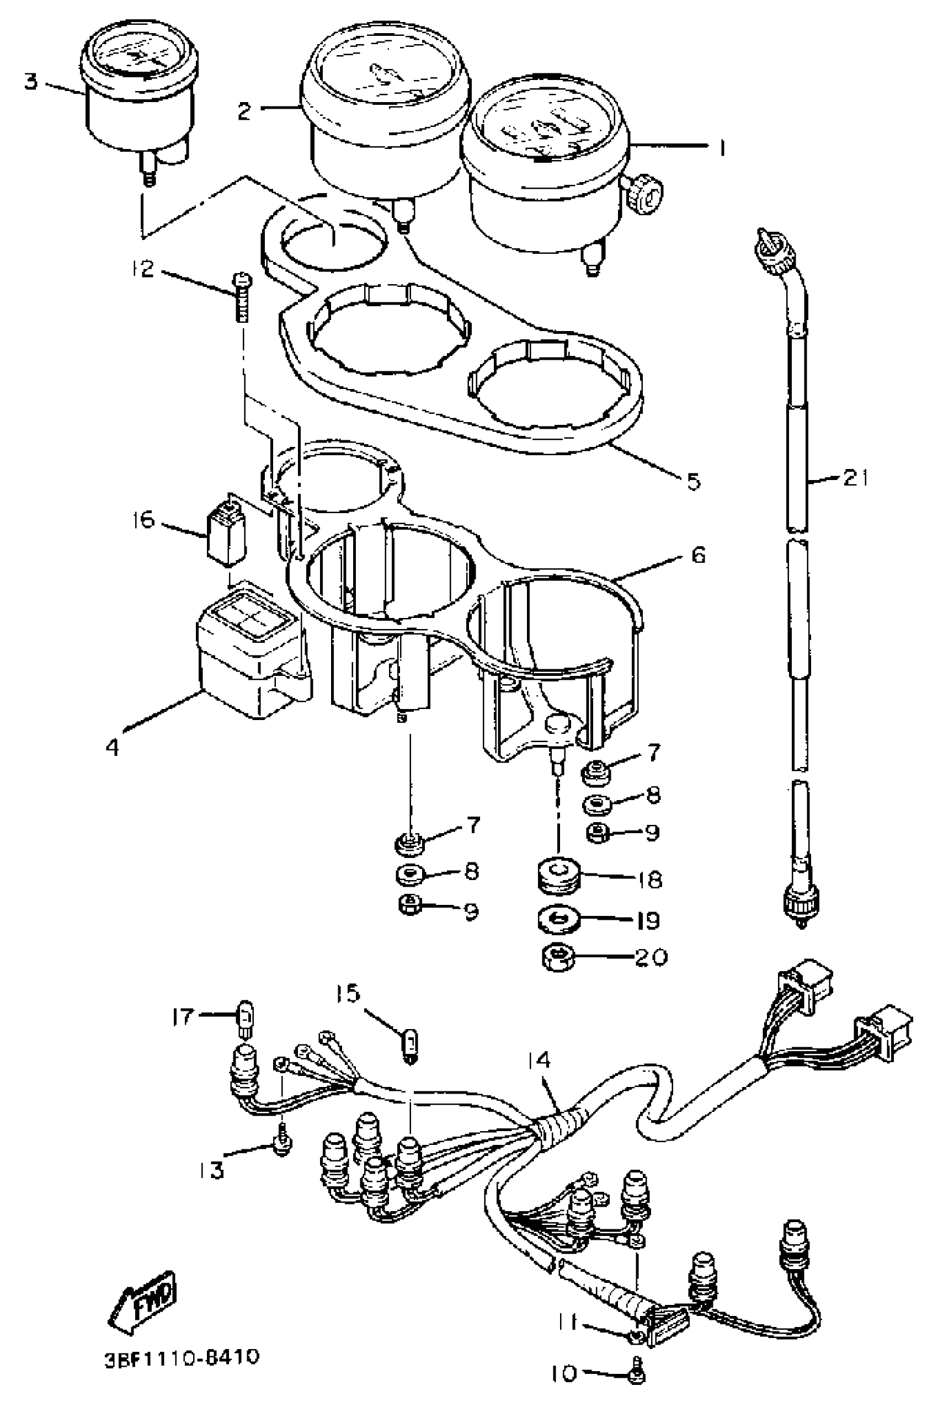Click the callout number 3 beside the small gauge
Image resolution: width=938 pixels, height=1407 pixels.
coord(30,81)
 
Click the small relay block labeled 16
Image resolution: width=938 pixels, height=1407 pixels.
coord(226,530)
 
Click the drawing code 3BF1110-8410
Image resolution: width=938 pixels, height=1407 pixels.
coord(182,1357)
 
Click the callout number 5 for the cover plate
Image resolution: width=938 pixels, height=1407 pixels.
coord(692,481)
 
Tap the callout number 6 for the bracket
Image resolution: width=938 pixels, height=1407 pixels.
coord(697,555)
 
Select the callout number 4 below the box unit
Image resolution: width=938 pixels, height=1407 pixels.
coord(113,747)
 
